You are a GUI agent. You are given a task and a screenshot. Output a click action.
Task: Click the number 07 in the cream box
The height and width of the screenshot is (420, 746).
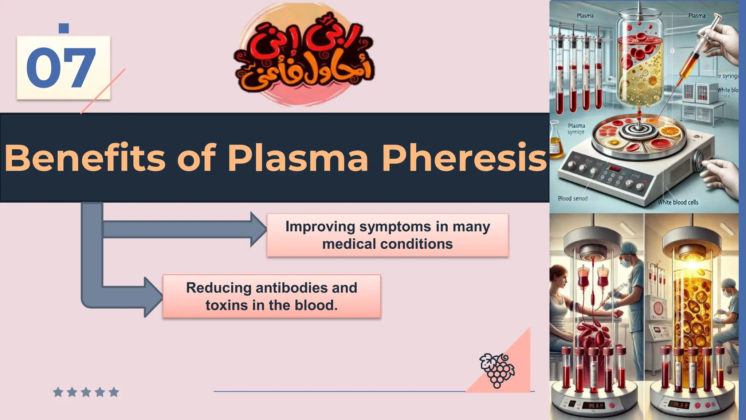point(61,68)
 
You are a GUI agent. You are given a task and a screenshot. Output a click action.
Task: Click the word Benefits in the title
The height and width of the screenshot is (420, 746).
point(85,158)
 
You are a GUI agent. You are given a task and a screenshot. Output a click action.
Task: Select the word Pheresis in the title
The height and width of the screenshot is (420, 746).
point(464,158)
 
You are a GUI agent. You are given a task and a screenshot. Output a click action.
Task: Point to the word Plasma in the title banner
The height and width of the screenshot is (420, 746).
point(298,158)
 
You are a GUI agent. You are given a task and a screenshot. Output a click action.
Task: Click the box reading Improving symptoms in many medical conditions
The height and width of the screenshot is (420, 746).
point(387,235)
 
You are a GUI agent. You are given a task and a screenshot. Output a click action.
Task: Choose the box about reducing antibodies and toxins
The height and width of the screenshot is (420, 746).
point(271,296)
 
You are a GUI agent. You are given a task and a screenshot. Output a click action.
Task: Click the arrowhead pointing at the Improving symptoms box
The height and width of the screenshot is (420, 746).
point(258,229)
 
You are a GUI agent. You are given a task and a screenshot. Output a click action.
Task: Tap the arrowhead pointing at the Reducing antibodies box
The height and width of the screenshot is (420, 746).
point(153,297)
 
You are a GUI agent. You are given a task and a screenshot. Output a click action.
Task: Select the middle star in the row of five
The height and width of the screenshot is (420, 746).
point(86,392)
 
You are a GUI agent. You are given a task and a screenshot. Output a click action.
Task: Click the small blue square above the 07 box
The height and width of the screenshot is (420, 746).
point(64,28)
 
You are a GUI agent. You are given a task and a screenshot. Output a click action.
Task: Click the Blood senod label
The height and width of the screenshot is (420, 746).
point(573,198)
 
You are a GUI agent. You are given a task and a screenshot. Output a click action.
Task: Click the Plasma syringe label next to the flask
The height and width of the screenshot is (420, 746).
point(576,129)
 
